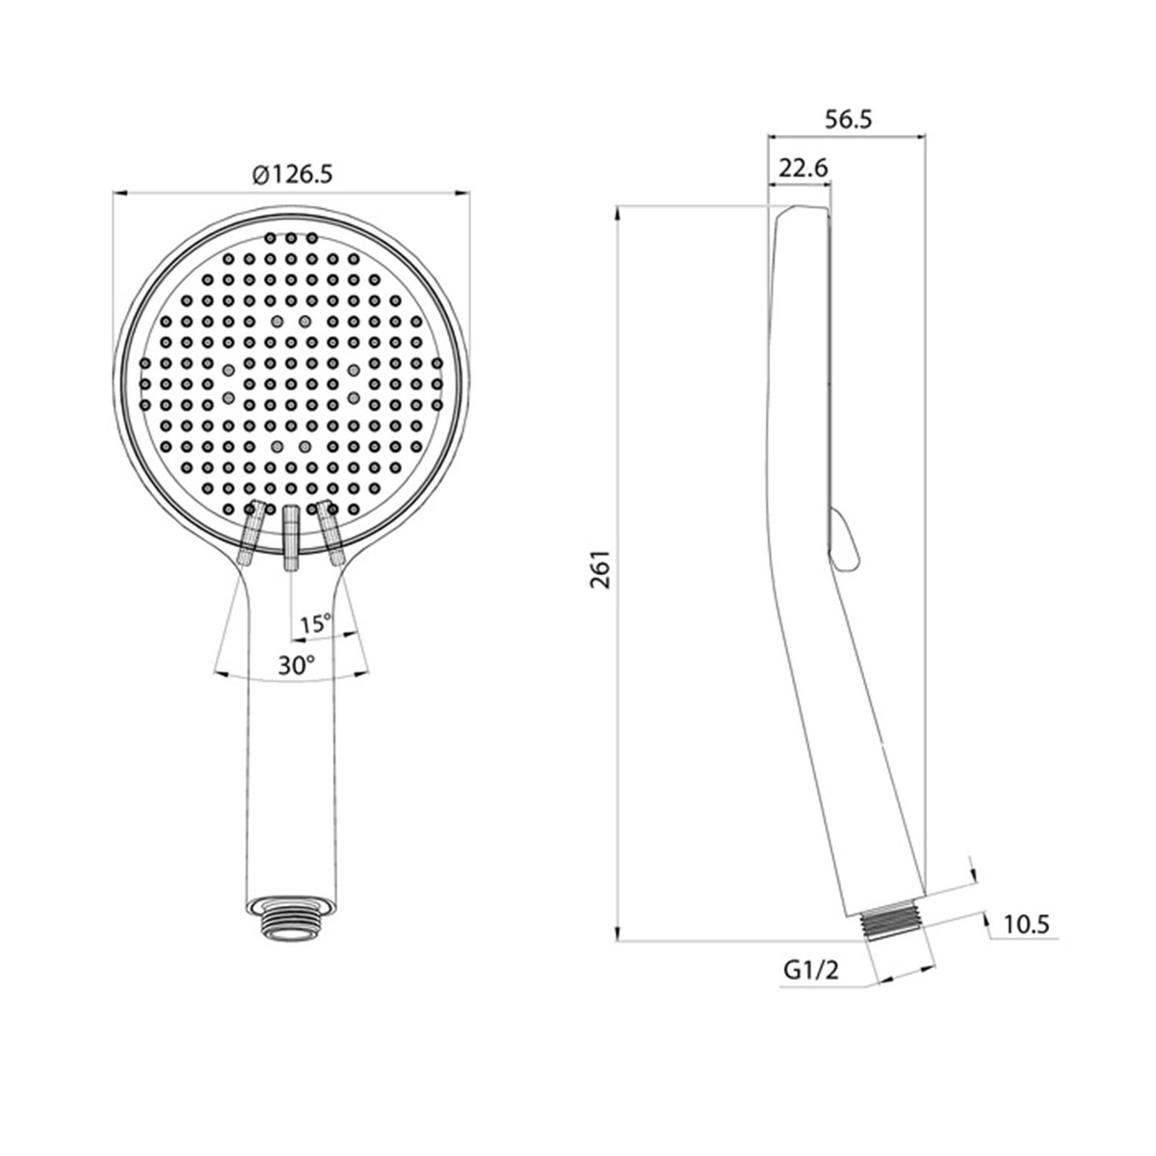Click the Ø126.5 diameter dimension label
(292, 174)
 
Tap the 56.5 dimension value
(848, 119)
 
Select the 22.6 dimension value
(802, 168)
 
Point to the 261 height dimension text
(600, 569)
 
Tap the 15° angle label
(316, 624)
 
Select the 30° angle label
(297, 665)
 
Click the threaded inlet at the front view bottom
(291, 926)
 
